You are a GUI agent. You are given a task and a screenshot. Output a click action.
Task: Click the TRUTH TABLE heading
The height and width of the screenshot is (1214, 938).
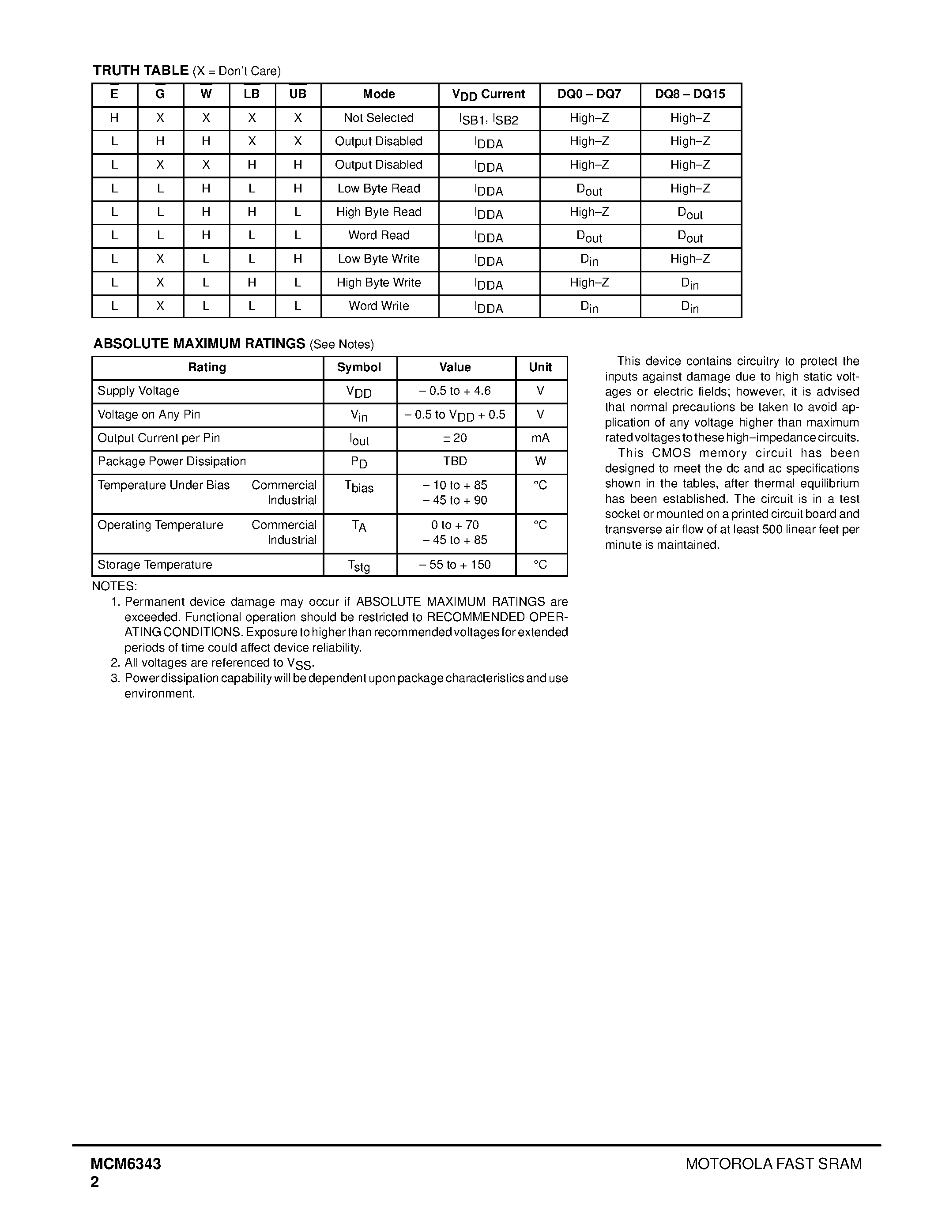click(x=140, y=71)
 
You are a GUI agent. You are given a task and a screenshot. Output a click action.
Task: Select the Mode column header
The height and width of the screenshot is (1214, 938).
click(x=379, y=94)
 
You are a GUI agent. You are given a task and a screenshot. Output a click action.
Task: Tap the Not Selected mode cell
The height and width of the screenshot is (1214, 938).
click(x=379, y=118)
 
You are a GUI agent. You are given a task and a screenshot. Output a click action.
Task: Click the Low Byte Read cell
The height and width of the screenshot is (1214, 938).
click(x=379, y=189)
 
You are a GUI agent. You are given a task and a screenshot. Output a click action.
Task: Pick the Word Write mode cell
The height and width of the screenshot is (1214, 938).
click(x=379, y=306)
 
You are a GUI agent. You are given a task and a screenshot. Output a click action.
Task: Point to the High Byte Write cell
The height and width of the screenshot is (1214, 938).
click(x=379, y=283)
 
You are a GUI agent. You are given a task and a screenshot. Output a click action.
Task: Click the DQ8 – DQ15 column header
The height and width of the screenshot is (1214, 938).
click(x=690, y=94)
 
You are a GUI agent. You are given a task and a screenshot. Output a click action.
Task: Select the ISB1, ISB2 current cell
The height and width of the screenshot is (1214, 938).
click(x=489, y=119)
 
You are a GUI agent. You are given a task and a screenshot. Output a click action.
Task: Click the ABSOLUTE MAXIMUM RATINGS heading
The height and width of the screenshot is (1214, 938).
click(x=199, y=343)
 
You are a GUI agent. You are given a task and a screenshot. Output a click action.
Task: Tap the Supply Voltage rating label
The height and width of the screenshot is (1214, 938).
click(x=138, y=391)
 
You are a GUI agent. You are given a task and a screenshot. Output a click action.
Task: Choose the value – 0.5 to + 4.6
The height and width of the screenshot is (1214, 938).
click(x=456, y=391)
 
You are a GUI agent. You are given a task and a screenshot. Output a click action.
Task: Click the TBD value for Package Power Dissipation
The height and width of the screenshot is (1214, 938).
click(x=456, y=461)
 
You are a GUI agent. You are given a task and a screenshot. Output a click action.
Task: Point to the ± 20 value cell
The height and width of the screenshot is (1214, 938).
click(x=456, y=438)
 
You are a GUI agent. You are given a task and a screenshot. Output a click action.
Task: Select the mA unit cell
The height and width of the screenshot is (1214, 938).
click(x=541, y=438)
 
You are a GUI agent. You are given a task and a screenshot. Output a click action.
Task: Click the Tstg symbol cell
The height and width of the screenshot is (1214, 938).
click(x=359, y=566)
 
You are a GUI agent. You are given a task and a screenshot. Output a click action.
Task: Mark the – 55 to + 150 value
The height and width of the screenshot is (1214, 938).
click(x=456, y=565)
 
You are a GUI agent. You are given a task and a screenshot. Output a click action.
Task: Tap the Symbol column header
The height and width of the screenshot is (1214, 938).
click(x=359, y=367)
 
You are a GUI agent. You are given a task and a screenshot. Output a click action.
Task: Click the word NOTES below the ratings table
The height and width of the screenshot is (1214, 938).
click(x=114, y=586)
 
